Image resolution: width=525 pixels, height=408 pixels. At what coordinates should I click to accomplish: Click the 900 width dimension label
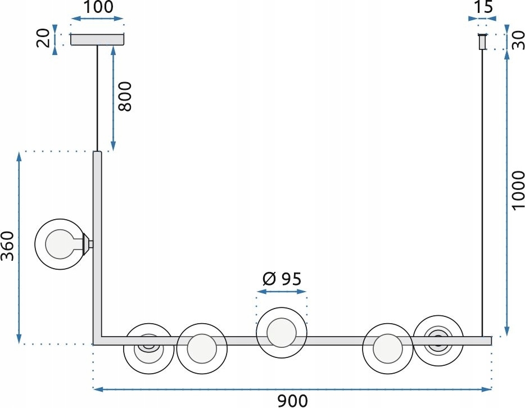tap(292, 401)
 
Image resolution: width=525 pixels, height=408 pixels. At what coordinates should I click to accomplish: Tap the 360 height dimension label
tap(7, 246)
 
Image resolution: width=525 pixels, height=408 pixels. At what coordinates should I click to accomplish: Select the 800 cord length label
tap(125, 96)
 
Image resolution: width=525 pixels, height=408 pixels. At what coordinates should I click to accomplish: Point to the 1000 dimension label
tap(518, 190)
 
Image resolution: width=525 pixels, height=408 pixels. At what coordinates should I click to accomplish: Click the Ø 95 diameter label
tap(282, 279)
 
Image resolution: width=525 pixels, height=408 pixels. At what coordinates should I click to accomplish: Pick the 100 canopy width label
tap(98, 7)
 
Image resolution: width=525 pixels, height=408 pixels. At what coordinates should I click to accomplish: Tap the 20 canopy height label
tap(43, 38)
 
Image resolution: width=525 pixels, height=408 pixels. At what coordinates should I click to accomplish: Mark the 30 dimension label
tap(518, 40)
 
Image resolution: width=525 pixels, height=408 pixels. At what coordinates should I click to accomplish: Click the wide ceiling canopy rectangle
tap(97, 39)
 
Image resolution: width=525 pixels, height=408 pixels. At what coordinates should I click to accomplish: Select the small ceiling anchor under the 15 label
tap(482, 42)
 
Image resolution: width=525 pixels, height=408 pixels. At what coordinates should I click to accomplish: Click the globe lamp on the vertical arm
tap(60, 244)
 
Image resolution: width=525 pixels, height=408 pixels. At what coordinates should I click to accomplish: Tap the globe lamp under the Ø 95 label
tap(282, 332)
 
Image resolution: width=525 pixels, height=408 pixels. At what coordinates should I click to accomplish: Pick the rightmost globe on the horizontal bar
tap(438, 341)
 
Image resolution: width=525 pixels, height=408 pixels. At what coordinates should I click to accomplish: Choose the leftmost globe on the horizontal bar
tap(148, 348)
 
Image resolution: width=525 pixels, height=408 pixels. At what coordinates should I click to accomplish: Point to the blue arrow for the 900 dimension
tap(292, 389)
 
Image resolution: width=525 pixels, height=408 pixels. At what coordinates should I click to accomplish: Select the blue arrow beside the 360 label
tap(19, 248)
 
